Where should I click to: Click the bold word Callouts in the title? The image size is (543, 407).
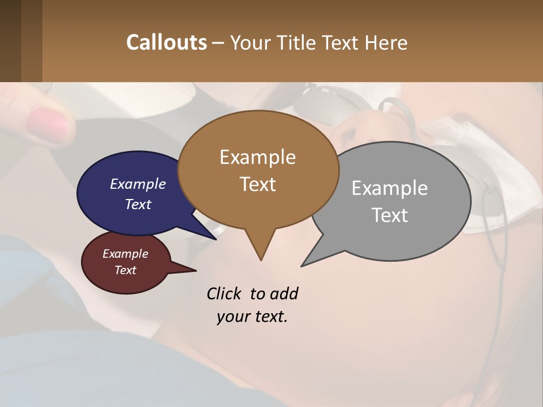(x=166, y=42)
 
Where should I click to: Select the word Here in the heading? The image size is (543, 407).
(x=386, y=42)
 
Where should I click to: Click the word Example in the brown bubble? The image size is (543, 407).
(x=257, y=157)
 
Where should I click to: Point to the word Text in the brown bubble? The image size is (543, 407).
(x=257, y=184)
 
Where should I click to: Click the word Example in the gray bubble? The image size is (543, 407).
(x=389, y=188)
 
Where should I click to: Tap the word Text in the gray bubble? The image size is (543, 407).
(x=390, y=215)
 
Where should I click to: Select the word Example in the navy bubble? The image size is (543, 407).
(x=137, y=184)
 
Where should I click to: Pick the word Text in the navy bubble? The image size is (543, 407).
(x=137, y=205)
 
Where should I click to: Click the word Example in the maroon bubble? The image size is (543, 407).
(x=125, y=254)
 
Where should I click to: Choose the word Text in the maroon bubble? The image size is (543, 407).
(x=125, y=270)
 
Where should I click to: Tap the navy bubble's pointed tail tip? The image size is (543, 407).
(x=216, y=239)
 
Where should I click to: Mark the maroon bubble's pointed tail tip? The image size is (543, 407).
(x=196, y=270)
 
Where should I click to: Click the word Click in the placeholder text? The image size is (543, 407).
(x=224, y=294)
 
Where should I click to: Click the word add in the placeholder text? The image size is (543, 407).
(x=284, y=294)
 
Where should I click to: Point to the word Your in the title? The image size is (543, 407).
(x=248, y=42)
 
